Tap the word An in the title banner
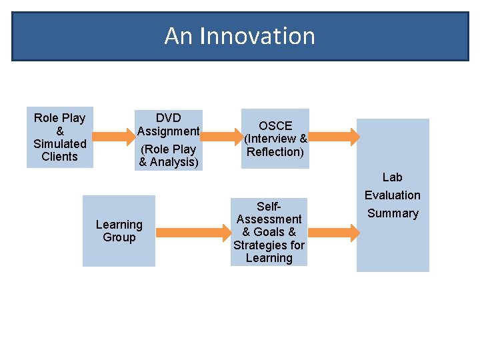tap(179, 36)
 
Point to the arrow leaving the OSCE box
tap(334, 136)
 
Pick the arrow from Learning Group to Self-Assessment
tap(193, 233)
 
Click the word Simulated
tap(60, 144)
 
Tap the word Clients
tap(60, 157)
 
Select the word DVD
tap(169, 118)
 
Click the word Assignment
tap(169, 131)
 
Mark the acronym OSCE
tap(275, 126)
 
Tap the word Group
tap(119, 237)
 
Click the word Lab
tap(392, 177)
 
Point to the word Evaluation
tap(392, 195)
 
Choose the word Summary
tap(392, 213)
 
